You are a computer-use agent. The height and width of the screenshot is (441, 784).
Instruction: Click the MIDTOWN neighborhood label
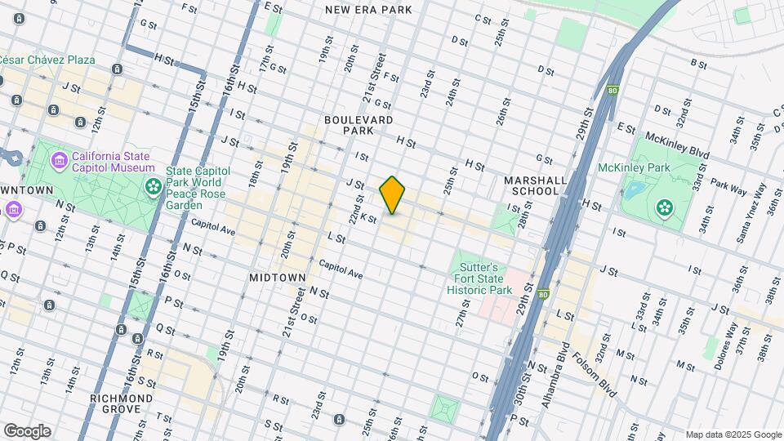pos(277,278)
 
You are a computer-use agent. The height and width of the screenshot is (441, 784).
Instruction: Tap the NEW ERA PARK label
pos(368,10)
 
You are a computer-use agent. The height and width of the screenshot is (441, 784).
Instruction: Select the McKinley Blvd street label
pos(675,138)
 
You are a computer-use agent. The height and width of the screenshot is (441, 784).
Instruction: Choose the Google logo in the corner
pos(27,431)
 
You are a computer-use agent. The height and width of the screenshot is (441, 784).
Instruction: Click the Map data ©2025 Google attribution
pos(733,434)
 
